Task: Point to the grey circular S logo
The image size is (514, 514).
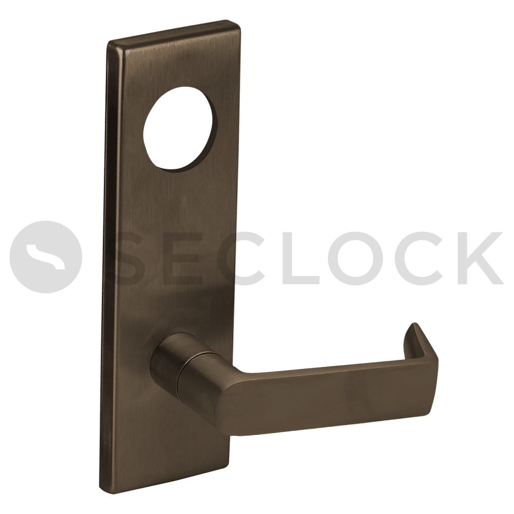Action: (46, 256)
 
